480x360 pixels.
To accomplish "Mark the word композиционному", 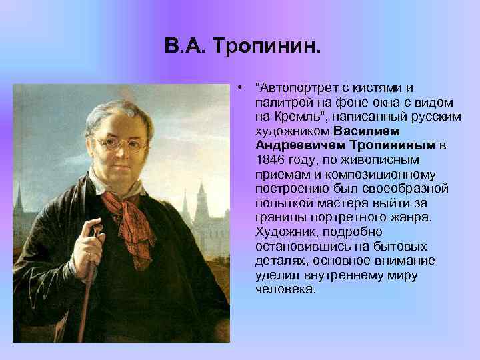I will click(397, 173).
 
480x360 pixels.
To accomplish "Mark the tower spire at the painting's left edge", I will click(21, 199).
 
